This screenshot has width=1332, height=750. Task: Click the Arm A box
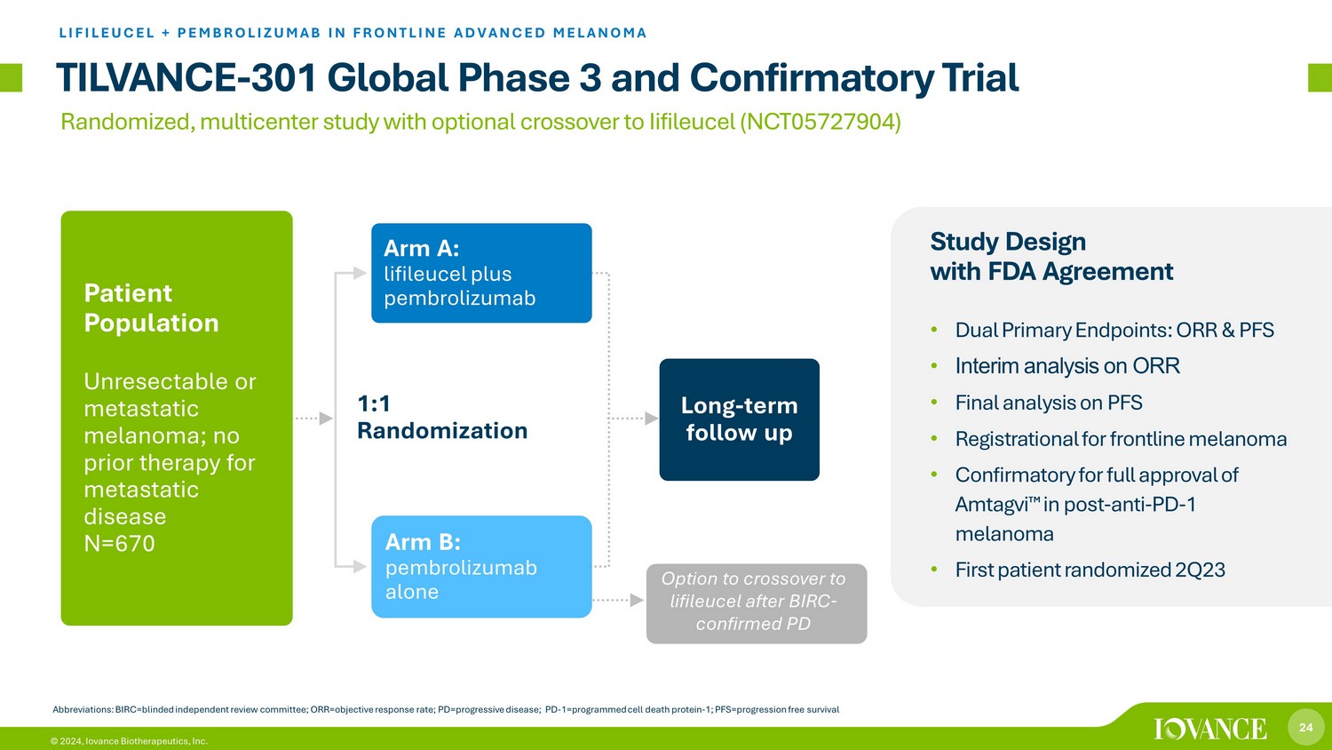[481, 273]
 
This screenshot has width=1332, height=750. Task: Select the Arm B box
[481, 567]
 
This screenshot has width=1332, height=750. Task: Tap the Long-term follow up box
[739, 419]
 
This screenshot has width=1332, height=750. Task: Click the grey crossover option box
[757, 603]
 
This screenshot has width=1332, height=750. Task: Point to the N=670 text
[120, 544]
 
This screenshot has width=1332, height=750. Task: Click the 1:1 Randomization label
[442, 418]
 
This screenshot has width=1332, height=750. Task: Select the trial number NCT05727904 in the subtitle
[820, 122]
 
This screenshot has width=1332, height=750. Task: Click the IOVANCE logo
[1210, 729]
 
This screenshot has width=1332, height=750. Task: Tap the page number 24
[1306, 727]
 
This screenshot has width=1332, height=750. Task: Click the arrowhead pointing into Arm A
[360, 273]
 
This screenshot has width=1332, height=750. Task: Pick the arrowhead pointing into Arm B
[360, 567]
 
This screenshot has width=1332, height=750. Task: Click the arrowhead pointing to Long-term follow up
[652, 419]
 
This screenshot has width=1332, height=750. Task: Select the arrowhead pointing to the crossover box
[638, 600]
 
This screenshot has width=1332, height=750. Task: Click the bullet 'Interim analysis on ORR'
[1067, 366]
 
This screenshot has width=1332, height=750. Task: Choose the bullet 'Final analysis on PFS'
[1049, 403]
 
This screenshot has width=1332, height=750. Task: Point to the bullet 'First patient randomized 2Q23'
[1090, 570]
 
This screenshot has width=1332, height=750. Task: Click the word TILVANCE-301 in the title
[186, 78]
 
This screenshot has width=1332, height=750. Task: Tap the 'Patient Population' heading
[151, 307]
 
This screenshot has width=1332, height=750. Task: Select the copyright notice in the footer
[129, 741]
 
